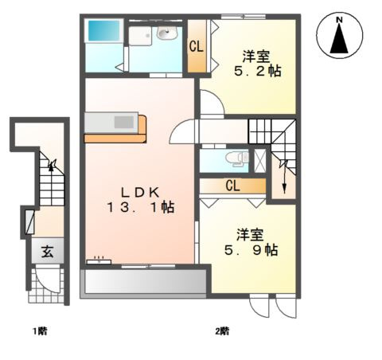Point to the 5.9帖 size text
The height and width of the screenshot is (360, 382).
250,249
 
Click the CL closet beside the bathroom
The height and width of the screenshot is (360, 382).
196,47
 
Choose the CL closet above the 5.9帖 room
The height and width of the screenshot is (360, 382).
232,186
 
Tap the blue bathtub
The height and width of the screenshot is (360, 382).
101,33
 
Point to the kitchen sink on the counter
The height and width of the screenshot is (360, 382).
125,123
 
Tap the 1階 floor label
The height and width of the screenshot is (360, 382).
40,329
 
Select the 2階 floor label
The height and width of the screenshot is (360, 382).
222,329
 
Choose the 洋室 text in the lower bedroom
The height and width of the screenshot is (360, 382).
250,234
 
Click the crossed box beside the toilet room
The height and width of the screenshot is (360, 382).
258,159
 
